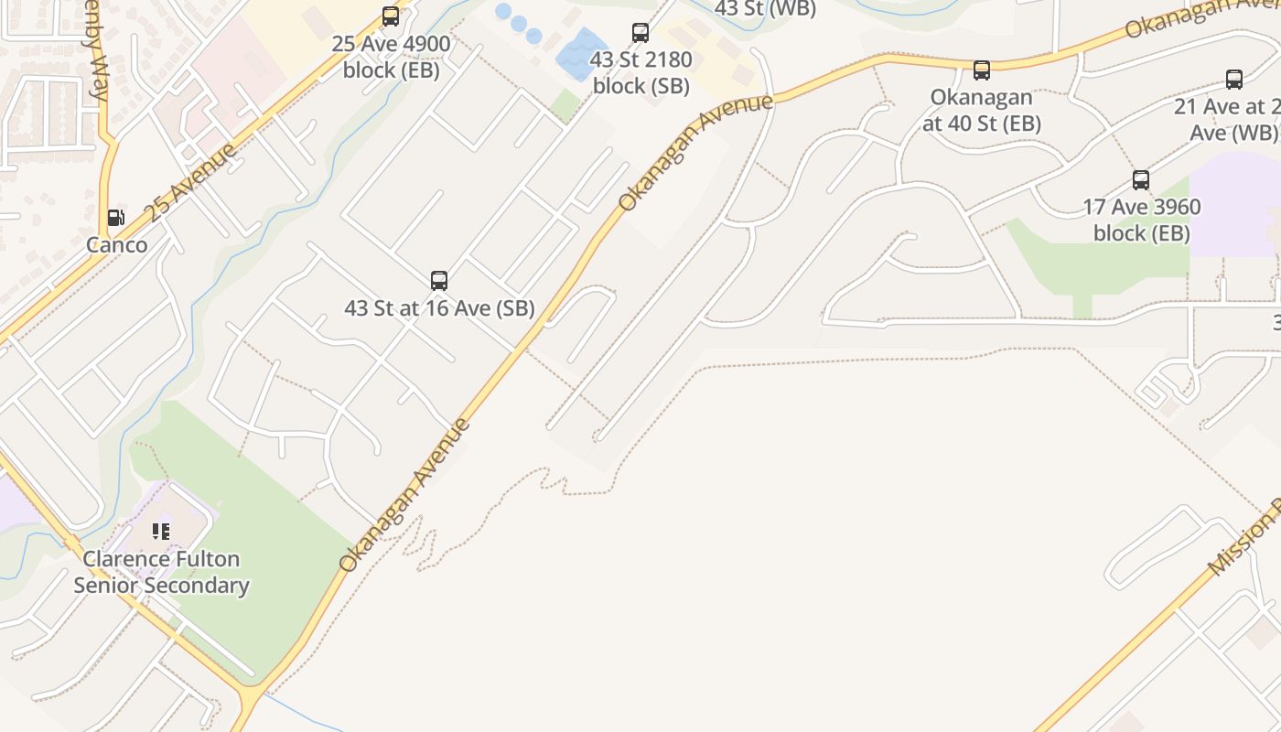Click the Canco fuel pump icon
(x=115, y=218)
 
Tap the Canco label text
(x=116, y=244)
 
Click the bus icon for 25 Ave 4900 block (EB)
(x=391, y=16)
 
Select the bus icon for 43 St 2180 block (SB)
(x=640, y=33)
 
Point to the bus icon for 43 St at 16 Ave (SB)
(x=439, y=281)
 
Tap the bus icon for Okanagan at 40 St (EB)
(x=982, y=70)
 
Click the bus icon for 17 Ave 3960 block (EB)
(x=1141, y=180)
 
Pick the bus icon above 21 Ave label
(x=1234, y=80)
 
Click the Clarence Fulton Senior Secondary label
(x=161, y=572)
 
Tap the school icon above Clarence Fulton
(x=162, y=532)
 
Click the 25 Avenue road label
(x=192, y=182)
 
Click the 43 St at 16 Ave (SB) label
(x=439, y=308)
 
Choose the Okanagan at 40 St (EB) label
(x=982, y=110)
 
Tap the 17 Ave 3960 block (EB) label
(x=1142, y=220)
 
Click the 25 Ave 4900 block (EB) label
(x=392, y=57)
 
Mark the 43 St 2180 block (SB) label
(x=640, y=73)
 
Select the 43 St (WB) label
(x=764, y=8)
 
